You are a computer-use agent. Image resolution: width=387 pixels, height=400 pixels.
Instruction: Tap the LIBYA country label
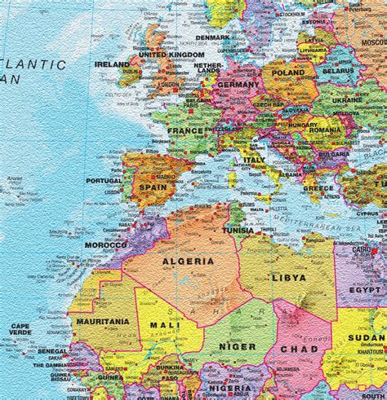(288, 278)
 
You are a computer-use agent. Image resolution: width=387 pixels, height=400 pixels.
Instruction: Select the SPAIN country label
(153, 187)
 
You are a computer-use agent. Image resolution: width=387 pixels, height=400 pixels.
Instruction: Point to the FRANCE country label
(185, 130)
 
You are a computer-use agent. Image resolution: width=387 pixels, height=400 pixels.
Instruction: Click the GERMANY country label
(238, 85)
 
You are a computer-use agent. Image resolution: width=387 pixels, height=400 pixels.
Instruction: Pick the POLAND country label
(287, 72)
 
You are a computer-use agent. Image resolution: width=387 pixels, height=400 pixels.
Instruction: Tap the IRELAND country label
(112, 64)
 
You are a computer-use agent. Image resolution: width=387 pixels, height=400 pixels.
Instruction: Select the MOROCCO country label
(106, 244)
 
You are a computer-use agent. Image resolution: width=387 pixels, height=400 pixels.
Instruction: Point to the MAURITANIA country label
(102, 321)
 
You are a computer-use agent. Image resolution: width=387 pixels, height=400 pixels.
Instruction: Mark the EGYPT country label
(365, 289)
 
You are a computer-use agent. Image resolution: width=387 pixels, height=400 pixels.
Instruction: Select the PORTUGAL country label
(104, 181)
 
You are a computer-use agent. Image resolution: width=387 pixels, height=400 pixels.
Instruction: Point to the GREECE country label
(318, 187)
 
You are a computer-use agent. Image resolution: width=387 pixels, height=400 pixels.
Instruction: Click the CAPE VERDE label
(20, 329)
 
